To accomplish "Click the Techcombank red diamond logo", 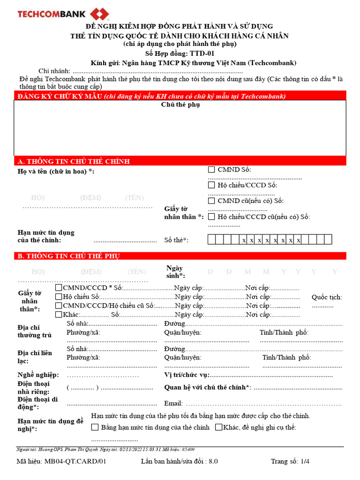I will coord(100,13).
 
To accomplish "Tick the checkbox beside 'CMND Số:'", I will coord(212,170).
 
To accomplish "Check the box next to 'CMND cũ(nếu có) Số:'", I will coord(212,201).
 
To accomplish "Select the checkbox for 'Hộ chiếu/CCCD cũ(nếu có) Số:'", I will coord(212,217).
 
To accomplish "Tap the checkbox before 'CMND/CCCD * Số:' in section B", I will coord(59,287).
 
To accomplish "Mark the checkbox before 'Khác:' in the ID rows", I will coord(59,314).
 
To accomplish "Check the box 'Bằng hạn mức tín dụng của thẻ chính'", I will coord(95,427).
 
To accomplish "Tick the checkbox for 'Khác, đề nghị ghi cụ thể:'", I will coord(218,427).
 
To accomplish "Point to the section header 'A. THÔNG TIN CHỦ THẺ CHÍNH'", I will coord(74,161).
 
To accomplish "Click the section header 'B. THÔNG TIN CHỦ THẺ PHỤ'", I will coord(69,256).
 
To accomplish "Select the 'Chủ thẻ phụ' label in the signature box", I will coord(180,105).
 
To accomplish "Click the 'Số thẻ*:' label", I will coord(176,240).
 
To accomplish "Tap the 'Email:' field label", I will coord(173,403).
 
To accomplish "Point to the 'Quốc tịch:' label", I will coord(327,297).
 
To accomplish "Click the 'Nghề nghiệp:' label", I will coord(38,375).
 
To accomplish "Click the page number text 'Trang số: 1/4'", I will coord(290,461).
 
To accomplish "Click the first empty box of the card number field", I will coord(212,240).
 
